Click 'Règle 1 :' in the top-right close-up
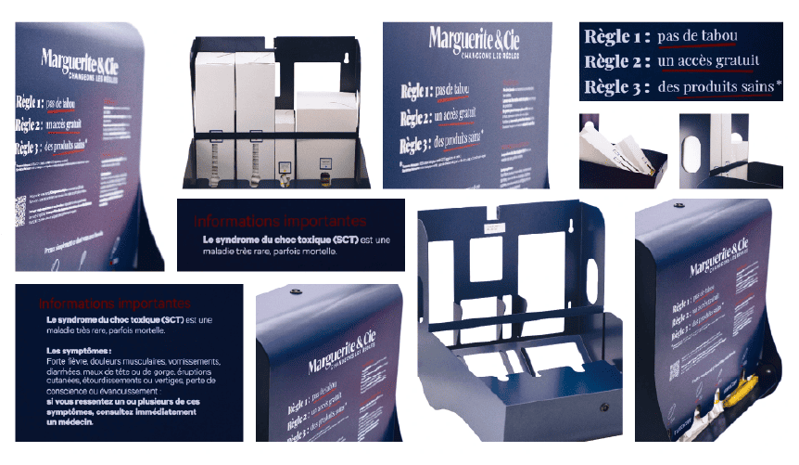pyautogui.click(x=615, y=37)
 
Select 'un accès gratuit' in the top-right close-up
pyautogui.click(x=708, y=62)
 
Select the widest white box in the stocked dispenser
pyautogui.click(x=326, y=112)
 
